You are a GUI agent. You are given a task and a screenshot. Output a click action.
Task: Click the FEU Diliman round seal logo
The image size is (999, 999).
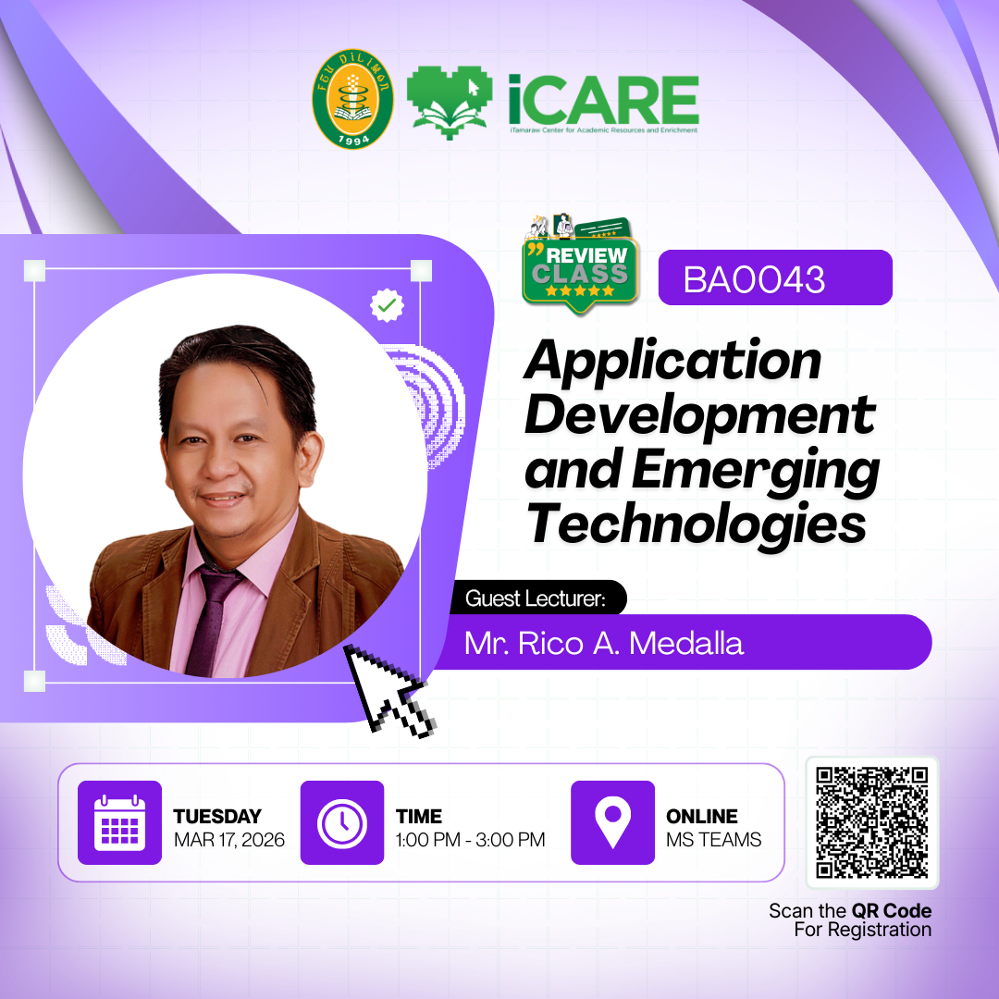[x=352, y=99]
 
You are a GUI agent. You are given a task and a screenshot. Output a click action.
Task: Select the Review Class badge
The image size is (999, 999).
[x=580, y=265]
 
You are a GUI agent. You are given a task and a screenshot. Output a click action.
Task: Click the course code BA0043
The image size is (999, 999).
[x=754, y=279]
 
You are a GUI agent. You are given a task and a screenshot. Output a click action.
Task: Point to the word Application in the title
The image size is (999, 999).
[x=672, y=362]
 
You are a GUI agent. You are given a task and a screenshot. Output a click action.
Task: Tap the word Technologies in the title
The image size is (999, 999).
[x=696, y=524]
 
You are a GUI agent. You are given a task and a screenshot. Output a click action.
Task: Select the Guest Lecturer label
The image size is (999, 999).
[x=536, y=598]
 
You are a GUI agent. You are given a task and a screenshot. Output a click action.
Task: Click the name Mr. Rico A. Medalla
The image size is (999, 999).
[x=603, y=644]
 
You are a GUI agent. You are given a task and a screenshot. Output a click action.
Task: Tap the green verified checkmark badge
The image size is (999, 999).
[x=387, y=305]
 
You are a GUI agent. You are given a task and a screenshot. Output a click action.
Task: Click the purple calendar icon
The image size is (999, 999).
[x=119, y=822]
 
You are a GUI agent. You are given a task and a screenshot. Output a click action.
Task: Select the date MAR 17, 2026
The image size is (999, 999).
[x=229, y=840]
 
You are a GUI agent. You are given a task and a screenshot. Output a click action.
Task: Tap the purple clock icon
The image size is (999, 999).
[x=342, y=822]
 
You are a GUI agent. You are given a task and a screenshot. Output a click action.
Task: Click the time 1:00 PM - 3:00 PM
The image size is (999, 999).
[x=470, y=840]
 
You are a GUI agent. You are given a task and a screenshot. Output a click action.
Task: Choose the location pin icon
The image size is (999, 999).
[x=613, y=822]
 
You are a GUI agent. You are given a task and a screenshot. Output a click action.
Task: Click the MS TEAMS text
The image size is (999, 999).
[x=713, y=840]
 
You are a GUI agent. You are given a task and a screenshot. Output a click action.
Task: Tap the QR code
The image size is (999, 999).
[x=872, y=822]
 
